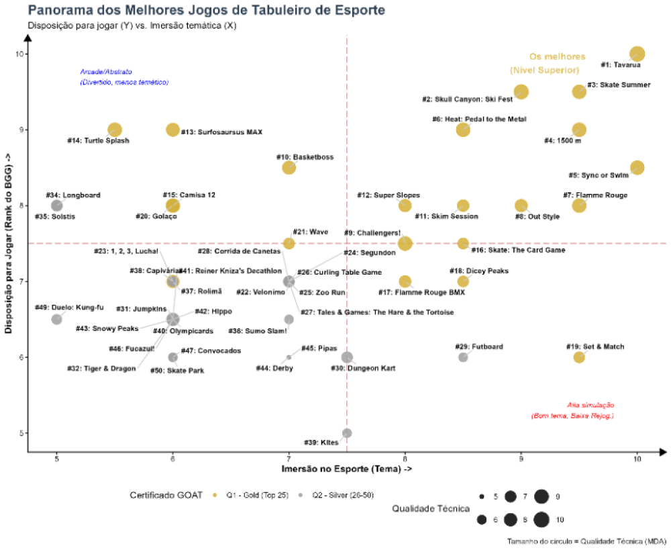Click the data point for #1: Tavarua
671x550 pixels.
[x=637, y=54]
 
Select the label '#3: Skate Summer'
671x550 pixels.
[x=619, y=85]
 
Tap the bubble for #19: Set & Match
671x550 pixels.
[x=579, y=357]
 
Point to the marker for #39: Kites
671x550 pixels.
[x=347, y=433]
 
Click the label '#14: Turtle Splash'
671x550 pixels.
[x=98, y=141]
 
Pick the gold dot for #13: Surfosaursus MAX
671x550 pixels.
[x=172, y=130]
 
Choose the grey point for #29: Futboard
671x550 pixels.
[x=463, y=357]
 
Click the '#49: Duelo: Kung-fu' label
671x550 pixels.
[x=69, y=308]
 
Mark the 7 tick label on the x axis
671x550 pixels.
[x=289, y=459]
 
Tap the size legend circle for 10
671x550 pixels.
[x=542, y=520]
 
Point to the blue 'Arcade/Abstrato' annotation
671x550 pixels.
[x=106, y=72]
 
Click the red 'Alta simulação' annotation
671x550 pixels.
[x=590, y=405]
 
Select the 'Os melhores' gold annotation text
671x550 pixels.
[x=558, y=57]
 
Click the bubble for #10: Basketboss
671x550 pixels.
[x=289, y=167]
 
